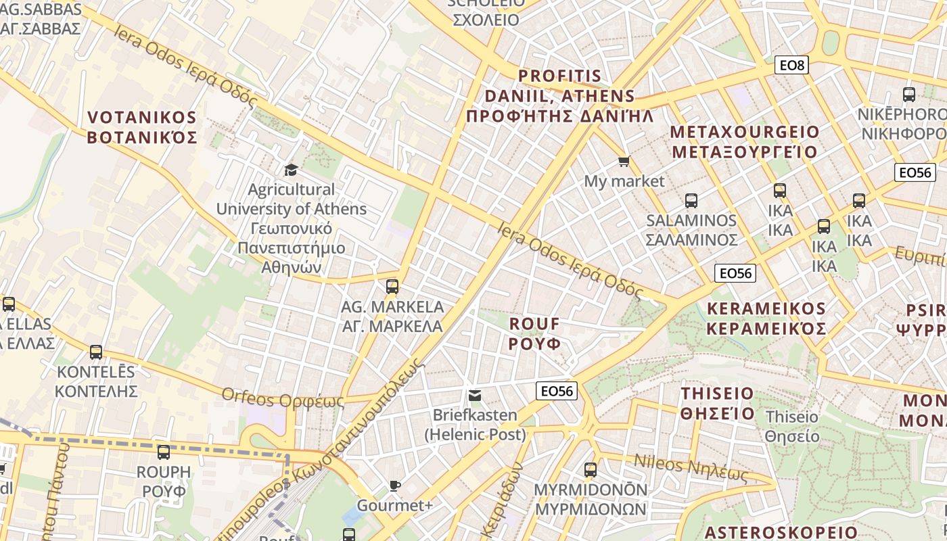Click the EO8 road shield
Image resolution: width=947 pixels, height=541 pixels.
tap(791, 65)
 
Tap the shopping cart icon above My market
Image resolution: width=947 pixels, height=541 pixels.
tap(624, 162)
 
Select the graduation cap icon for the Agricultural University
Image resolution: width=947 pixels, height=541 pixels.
tap(291, 170)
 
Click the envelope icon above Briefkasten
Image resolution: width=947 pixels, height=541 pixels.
tap(475, 395)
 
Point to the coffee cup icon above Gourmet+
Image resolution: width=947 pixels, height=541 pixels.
tap(395, 486)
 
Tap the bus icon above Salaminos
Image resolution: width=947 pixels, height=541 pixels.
tap(691, 201)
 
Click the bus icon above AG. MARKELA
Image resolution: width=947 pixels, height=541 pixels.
tap(392, 287)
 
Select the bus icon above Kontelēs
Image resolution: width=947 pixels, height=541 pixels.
tap(96, 352)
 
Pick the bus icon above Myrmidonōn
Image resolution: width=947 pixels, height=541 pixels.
tap(591, 469)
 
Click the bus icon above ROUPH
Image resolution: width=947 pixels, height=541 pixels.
tap(163, 452)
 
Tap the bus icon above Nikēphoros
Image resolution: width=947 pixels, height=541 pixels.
tap(909, 95)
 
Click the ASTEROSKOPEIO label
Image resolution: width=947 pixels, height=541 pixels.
tap(781, 532)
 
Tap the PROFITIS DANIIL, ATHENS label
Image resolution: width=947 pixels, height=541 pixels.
tap(560, 95)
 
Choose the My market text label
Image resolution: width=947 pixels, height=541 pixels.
tap(624, 181)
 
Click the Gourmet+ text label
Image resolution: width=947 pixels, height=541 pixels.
tap(394, 505)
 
